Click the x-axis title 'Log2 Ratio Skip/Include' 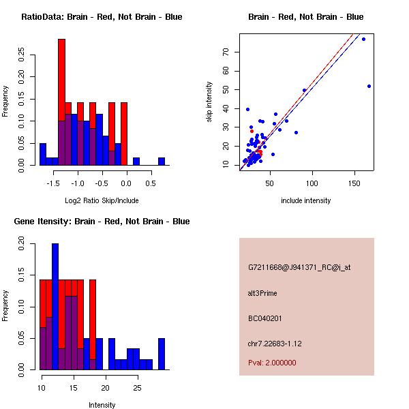tap(102, 200)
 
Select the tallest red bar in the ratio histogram tap(61, 102)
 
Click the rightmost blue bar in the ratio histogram tap(162, 162)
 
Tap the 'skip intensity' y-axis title tap(209, 102)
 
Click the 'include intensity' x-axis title tap(306, 200)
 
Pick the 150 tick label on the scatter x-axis tap(356, 183)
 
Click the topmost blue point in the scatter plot tap(363, 39)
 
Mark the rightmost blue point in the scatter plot tap(369, 86)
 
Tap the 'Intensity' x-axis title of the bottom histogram tap(102, 405)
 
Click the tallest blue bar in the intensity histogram tap(55, 307)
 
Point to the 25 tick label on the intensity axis tap(137, 388)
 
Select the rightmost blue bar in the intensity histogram tap(162, 354)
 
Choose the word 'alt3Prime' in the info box tap(262, 293)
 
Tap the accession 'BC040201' tap(265, 318)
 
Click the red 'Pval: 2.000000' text tap(272, 363)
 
